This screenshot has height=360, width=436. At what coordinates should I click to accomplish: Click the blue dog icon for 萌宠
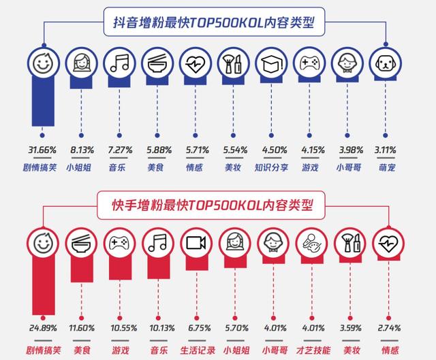coord(384,65)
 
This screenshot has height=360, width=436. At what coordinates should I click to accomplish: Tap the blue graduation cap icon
coord(270,65)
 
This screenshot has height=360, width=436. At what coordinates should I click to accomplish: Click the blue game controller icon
coord(308,65)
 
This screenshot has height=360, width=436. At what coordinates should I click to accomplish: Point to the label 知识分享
coord(270,166)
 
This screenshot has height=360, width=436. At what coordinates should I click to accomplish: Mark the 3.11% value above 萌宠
coord(384,149)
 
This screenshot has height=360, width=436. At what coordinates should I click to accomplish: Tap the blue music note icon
coord(120,65)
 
